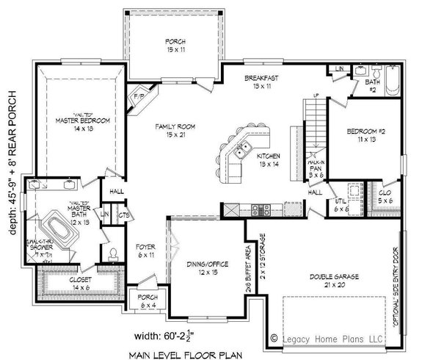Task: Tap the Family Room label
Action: click(174, 132)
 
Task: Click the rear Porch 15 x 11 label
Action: click(176, 46)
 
